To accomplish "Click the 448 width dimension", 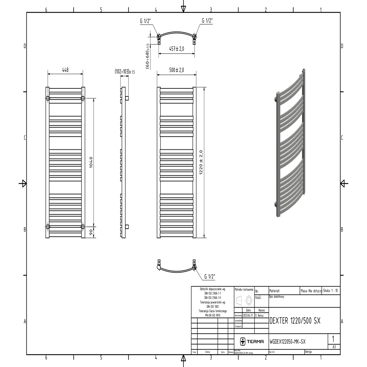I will [65, 70].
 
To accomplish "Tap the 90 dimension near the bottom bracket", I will [91, 232].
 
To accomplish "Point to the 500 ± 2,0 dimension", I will [177, 70].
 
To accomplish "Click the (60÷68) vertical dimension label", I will [147, 55].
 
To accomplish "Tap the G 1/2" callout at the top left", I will [146, 21].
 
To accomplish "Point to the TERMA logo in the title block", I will [252, 342].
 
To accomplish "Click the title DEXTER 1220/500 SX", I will [295, 320].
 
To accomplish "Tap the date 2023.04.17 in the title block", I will [248, 315].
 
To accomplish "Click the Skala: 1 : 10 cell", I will [331, 290].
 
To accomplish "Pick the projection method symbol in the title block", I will [244, 300].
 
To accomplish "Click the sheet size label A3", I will [334, 346].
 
